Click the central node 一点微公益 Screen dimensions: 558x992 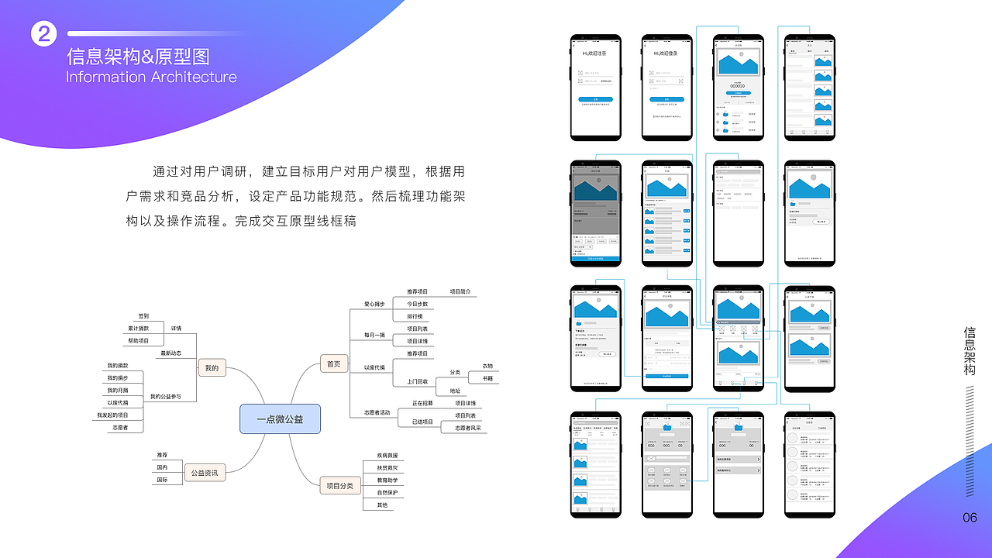click(280, 419)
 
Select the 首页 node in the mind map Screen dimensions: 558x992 click(333, 363)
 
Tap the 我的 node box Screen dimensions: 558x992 click(212, 368)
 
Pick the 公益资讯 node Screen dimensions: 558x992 click(205, 472)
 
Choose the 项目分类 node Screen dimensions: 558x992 click(340, 486)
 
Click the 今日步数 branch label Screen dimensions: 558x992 click(417, 304)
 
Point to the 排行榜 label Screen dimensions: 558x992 click(415, 316)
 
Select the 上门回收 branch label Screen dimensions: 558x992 click(417, 381)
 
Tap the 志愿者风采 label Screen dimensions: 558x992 click(467, 428)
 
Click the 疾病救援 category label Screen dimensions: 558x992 click(387, 456)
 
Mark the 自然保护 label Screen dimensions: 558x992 click(387, 493)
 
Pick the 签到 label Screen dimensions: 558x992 click(143, 316)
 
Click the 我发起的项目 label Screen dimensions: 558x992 click(112, 415)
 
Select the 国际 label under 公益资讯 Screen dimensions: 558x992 click(162, 480)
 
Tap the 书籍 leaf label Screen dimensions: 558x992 click(487, 379)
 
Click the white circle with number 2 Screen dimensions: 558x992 click(44, 33)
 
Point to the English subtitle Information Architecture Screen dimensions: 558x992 click(151, 77)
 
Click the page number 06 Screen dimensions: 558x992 click(970, 518)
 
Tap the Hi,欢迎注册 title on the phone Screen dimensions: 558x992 click(595, 53)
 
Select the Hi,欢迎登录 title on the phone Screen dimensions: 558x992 click(666, 53)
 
